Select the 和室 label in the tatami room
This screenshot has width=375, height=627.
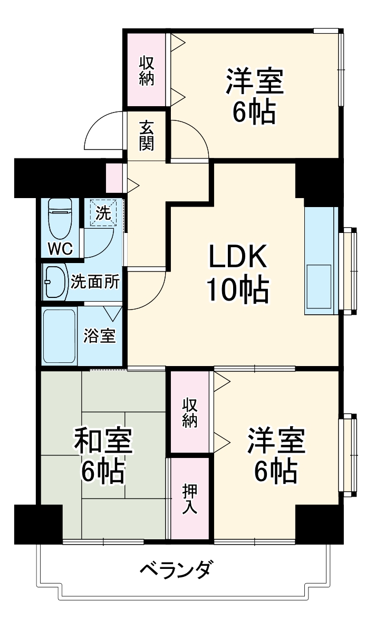(103, 441)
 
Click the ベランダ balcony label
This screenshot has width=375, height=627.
(177, 570)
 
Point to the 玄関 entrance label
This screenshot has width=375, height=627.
(147, 135)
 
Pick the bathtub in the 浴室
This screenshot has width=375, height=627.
(59, 335)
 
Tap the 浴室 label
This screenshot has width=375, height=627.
(100, 336)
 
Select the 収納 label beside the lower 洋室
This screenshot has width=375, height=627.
(190, 413)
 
